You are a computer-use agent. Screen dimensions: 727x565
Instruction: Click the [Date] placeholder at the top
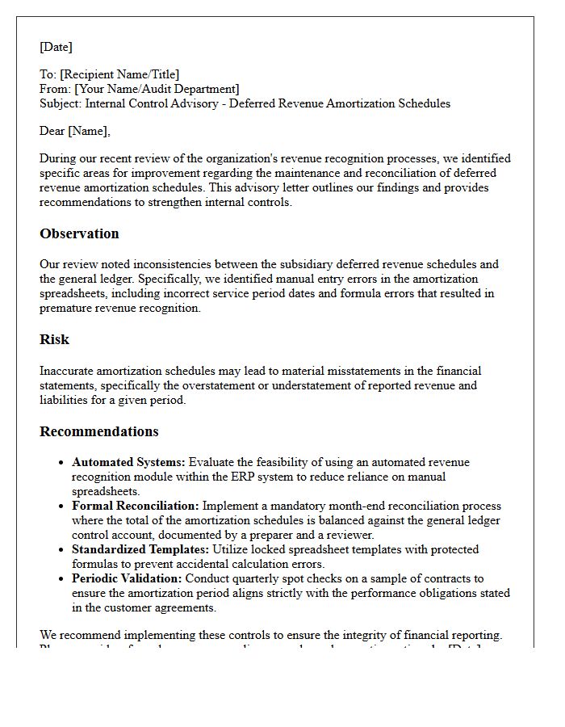56,47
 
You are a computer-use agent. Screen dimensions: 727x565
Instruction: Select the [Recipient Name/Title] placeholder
119,74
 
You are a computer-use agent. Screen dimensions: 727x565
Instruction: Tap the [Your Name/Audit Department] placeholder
157,89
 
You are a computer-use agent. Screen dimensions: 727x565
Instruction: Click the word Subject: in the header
61,103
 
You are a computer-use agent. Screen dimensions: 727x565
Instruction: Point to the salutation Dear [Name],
75,131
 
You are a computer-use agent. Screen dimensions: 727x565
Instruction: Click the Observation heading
79,233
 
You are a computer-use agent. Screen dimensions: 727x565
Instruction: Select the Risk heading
54,339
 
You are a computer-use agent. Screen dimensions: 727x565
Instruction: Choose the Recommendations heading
99,431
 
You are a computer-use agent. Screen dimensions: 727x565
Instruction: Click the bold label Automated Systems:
128,462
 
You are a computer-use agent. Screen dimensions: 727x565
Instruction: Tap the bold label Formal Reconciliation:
136,506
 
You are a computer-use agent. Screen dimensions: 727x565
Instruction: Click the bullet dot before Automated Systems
61,463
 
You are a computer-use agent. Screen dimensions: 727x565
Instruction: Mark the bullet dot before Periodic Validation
61,579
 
